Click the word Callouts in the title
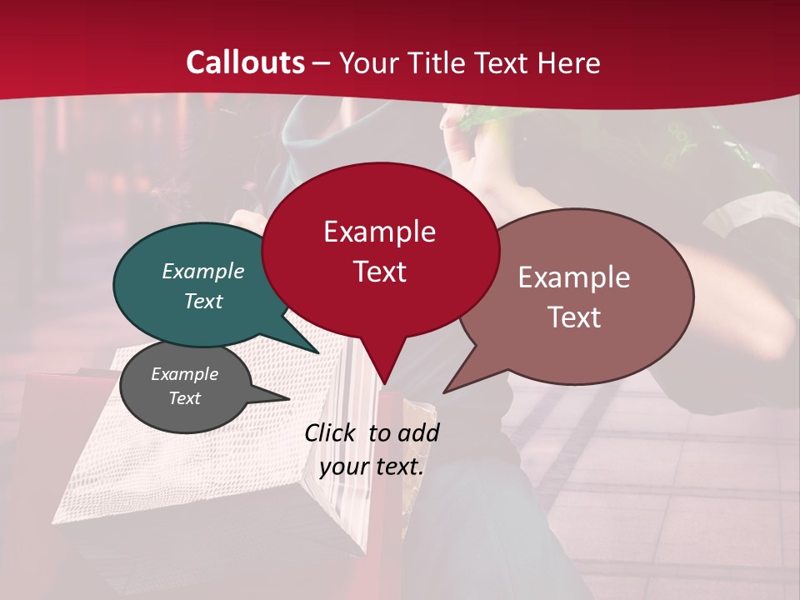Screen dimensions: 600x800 pyautogui.click(x=245, y=62)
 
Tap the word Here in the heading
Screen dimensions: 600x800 pyautogui.click(x=566, y=62)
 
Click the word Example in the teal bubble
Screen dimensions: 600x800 pyautogui.click(x=203, y=271)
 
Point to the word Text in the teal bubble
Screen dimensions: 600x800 pyautogui.click(x=203, y=301)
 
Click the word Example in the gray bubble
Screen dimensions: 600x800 pyautogui.click(x=184, y=374)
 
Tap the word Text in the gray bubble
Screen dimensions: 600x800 pyautogui.click(x=184, y=398)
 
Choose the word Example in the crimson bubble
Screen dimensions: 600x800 pyautogui.click(x=379, y=232)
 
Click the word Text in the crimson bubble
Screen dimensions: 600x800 pyautogui.click(x=379, y=272)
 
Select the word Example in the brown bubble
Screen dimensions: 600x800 pyautogui.click(x=574, y=277)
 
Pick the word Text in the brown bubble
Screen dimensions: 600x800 pyautogui.click(x=574, y=317)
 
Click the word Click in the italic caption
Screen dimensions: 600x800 pyautogui.click(x=330, y=432)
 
